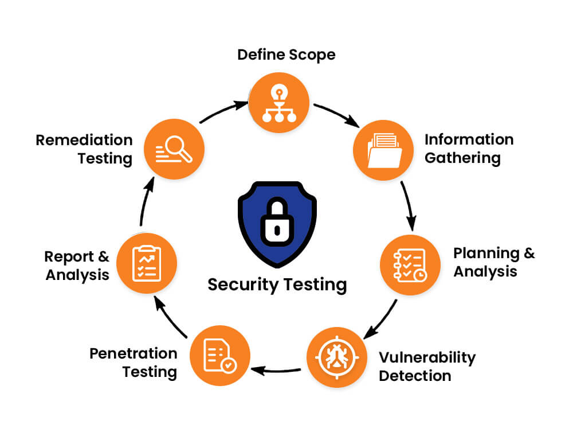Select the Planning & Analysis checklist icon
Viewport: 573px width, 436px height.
click(410, 264)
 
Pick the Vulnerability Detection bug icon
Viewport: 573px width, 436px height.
click(337, 357)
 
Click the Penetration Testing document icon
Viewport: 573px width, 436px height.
click(219, 356)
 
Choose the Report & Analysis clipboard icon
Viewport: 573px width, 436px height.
click(146, 264)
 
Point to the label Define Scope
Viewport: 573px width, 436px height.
click(286, 55)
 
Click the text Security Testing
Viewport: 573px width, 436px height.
click(277, 285)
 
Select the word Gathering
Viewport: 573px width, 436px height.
click(462, 158)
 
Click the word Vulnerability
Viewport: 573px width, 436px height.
click(427, 358)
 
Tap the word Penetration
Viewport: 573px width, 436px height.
click(133, 353)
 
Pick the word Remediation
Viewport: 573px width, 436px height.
click(84, 140)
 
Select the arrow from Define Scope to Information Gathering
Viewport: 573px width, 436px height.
click(337, 114)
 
